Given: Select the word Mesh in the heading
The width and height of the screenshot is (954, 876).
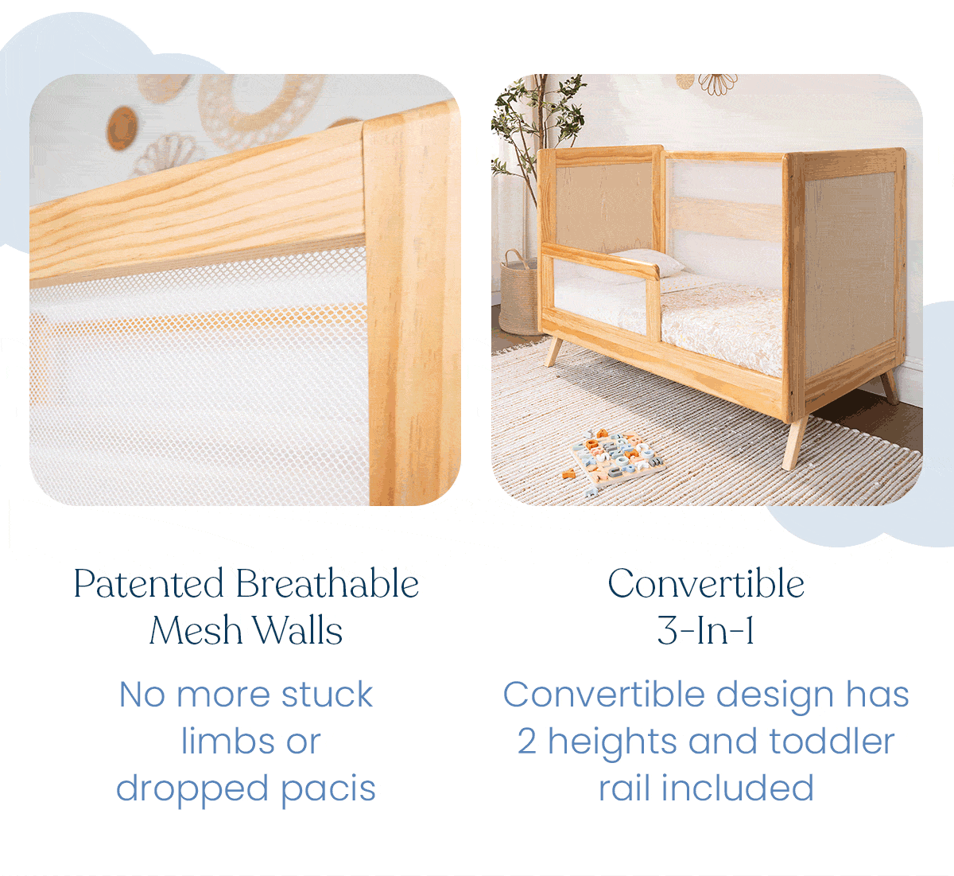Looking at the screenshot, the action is pos(196,630).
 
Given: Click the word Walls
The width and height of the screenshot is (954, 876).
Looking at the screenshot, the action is pos(297,630).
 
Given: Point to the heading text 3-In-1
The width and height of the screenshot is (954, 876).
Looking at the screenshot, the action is pos(706,630).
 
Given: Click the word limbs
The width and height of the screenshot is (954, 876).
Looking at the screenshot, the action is pos(228,742).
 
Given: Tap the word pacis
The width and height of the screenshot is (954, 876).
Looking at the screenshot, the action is pos(328,788).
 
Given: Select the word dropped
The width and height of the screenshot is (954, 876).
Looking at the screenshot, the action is pos(192,788).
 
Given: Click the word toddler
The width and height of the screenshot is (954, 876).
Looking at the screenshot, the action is pos(832,742).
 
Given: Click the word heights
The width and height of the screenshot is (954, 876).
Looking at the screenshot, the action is pos(612,742).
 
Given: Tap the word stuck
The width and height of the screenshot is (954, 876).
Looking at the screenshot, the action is pos(327,695).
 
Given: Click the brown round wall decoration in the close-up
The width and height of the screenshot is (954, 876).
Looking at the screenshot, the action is pos(122,127).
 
